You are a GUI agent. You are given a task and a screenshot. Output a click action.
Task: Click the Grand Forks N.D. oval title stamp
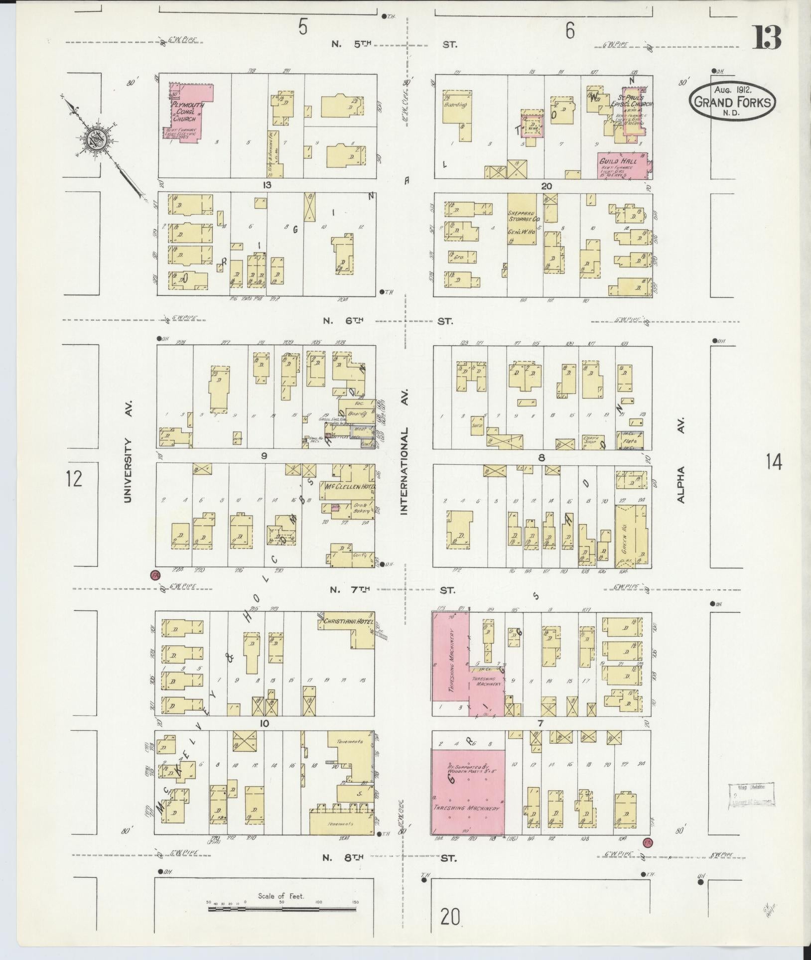point(732,101)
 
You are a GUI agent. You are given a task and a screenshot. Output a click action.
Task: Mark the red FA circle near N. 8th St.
point(648,843)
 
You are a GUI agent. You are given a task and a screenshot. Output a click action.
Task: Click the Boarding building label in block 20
point(456,105)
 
